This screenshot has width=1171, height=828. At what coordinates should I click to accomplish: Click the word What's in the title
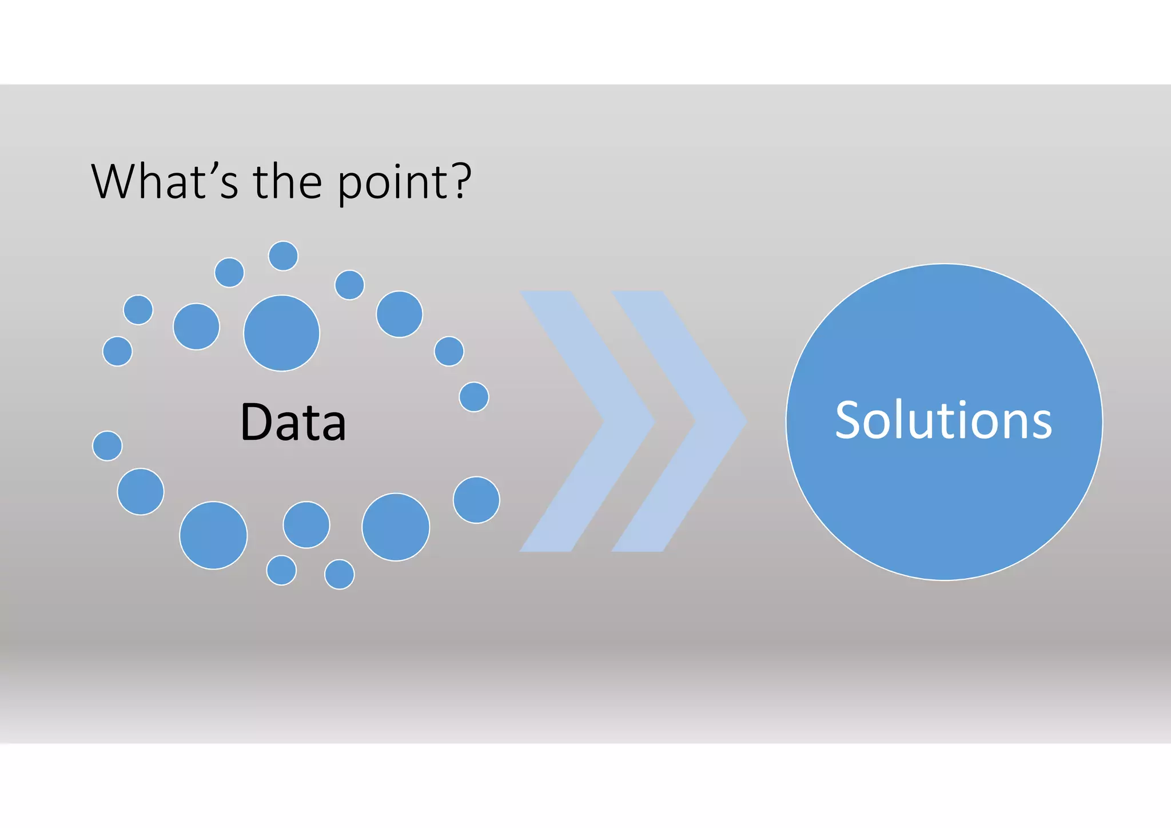(164, 182)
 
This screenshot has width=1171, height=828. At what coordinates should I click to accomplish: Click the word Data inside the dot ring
(293, 422)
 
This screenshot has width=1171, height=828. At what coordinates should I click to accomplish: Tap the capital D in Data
(256, 422)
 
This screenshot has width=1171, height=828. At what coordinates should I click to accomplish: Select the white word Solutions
(943, 421)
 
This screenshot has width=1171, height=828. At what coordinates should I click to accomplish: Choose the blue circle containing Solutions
(944, 503)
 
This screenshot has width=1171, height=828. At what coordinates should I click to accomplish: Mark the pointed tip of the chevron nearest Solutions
(745, 421)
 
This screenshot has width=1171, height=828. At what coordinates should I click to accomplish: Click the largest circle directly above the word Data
(281, 333)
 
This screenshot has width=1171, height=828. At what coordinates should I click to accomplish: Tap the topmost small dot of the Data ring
(283, 256)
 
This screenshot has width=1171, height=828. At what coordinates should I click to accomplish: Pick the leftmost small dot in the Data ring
(107, 445)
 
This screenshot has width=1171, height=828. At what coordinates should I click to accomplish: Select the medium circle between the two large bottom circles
(306, 524)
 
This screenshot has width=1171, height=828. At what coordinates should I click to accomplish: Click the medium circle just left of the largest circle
(196, 326)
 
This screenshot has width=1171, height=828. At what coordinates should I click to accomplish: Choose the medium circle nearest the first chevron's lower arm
(476, 499)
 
